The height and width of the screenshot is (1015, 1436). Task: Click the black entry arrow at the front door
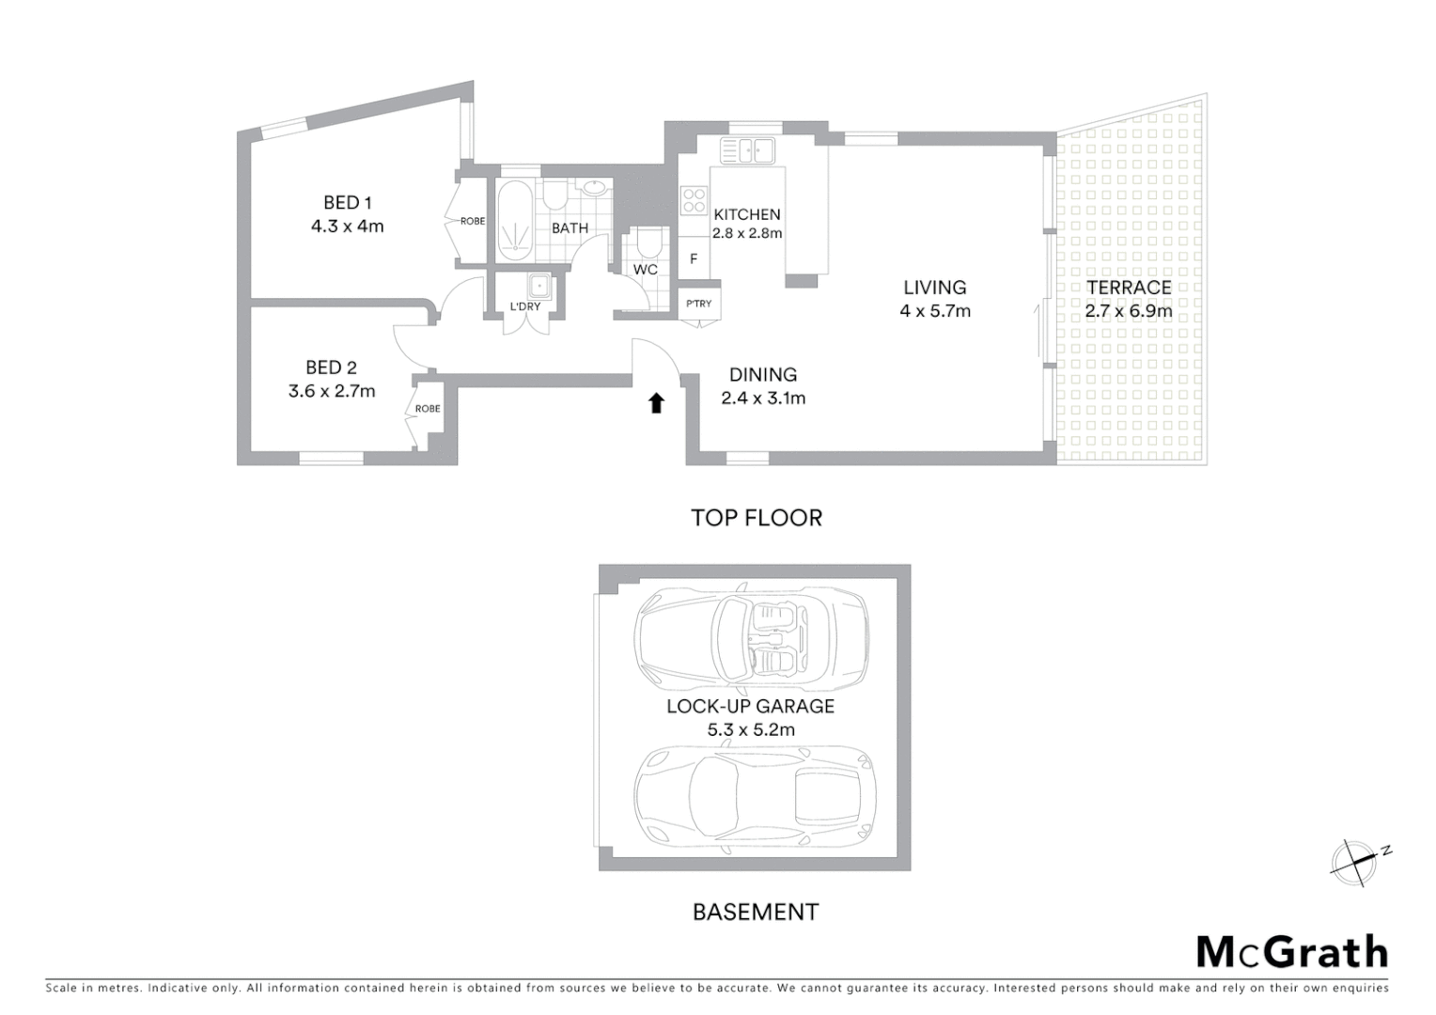(x=656, y=403)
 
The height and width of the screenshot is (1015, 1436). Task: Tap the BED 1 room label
(x=348, y=202)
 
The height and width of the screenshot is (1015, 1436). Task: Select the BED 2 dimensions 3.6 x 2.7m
(x=332, y=391)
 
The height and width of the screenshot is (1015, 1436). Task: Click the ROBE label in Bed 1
(x=472, y=222)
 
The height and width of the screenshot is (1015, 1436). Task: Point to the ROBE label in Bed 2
(x=428, y=409)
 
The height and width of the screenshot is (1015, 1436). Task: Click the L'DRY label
(x=524, y=306)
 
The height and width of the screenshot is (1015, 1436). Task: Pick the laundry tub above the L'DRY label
(x=538, y=286)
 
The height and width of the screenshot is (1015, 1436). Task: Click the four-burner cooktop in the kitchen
(x=694, y=200)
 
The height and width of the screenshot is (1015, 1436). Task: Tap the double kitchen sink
(x=748, y=150)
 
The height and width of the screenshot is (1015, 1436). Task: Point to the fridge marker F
(x=694, y=258)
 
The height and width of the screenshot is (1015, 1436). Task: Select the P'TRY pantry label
(x=698, y=304)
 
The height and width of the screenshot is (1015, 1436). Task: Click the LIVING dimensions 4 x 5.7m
(x=934, y=311)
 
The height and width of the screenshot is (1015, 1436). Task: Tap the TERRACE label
(x=1128, y=288)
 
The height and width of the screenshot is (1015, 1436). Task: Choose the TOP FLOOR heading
(x=757, y=518)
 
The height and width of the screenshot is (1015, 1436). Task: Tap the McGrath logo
(x=1291, y=952)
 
